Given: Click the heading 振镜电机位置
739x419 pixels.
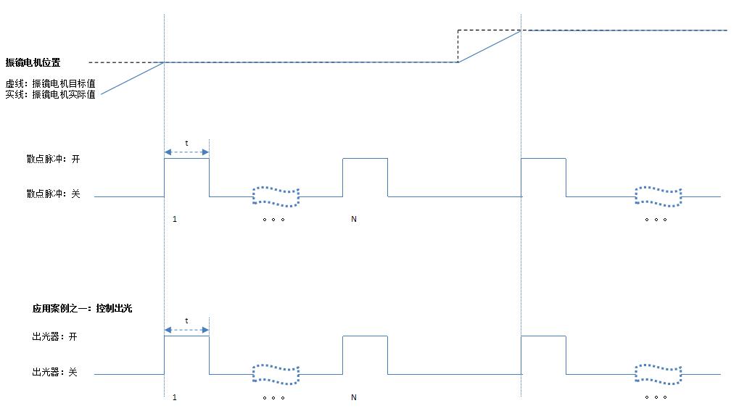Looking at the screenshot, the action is point(33,62).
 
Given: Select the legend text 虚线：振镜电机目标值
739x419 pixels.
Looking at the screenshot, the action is point(50,83).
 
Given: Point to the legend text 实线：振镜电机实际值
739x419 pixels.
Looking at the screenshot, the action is point(50,94).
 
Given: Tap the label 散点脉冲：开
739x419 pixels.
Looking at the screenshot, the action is point(52,159).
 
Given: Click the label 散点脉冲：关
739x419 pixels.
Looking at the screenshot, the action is point(52,194).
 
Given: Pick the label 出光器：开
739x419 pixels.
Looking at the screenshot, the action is point(54,336).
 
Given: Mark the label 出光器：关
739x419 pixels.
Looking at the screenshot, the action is point(54,373).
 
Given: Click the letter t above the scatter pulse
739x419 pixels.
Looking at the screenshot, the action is point(186,144).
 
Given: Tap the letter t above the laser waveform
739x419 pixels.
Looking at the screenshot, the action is point(186,320).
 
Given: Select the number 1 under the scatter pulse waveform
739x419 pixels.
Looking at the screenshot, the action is point(175,219).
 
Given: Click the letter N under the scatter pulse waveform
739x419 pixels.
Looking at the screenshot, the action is point(354,219).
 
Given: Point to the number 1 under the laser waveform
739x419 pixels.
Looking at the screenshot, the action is point(175,397).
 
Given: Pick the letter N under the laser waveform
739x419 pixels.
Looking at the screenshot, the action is point(354,397).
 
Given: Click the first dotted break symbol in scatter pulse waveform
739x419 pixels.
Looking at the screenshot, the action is point(276,196).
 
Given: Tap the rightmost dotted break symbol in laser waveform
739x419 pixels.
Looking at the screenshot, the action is point(658,374).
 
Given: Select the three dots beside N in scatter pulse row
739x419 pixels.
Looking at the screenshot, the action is point(273,220).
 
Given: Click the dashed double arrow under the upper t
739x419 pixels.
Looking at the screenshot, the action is point(186,152).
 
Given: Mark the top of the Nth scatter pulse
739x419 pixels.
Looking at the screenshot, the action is point(365,158).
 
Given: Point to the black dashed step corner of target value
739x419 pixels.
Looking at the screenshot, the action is point(458,30).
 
